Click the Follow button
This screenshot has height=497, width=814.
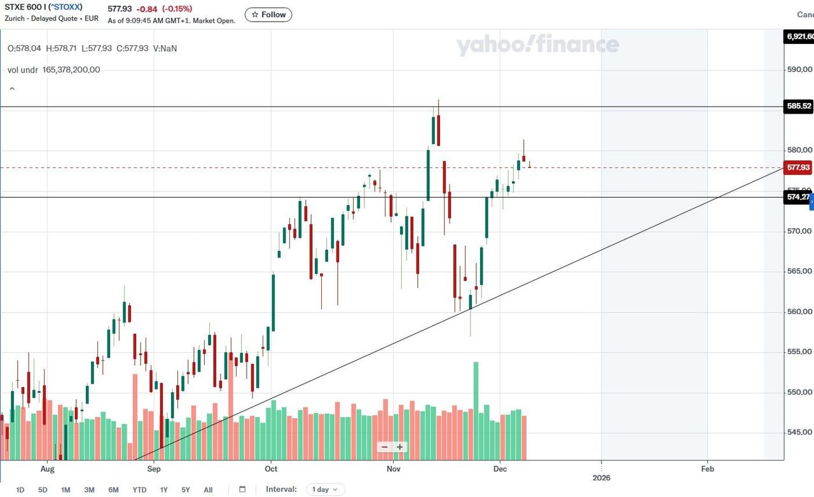pyautogui.click(x=268, y=15)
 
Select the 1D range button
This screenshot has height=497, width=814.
pyautogui.click(x=20, y=490)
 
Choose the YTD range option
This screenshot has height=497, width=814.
pyautogui.click(x=139, y=490)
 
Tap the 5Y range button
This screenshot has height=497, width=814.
pyautogui.click(x=186, y=490)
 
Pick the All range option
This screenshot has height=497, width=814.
pyautogui.click(x=208, y=490)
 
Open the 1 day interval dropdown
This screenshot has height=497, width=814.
pyautogui.click(x=326, y=489)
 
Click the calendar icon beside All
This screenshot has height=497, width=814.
pyautogui.click(x=242, y=489)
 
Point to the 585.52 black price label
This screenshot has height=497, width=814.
pyautogui.click(x=799, y=106)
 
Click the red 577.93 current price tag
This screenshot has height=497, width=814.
pyautogui.click(x=799, y=168)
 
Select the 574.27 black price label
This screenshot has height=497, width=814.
pyautogui.click(x=798, y=197)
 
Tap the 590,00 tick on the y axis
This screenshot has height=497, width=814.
pyautogui.click(x=799, y=69)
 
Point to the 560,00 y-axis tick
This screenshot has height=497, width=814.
pyautogui.click(x=799, y=311)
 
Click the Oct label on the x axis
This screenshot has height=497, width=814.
pyautogui.click(x=272, y=469)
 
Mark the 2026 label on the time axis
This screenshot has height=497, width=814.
pyautogui.click(x=601, y=477)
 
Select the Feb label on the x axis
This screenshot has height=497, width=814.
pyautogui.click(x=707, y=469)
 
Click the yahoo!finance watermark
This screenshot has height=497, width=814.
pyautogui.click(x=537, y=45)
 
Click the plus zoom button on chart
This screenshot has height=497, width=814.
pyautogui.click(x=400, y=447)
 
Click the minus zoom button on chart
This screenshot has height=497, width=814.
pyautogui.click(x=384, y=447)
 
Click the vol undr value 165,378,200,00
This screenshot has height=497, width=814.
pyautogui.click(x=71, y=70)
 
